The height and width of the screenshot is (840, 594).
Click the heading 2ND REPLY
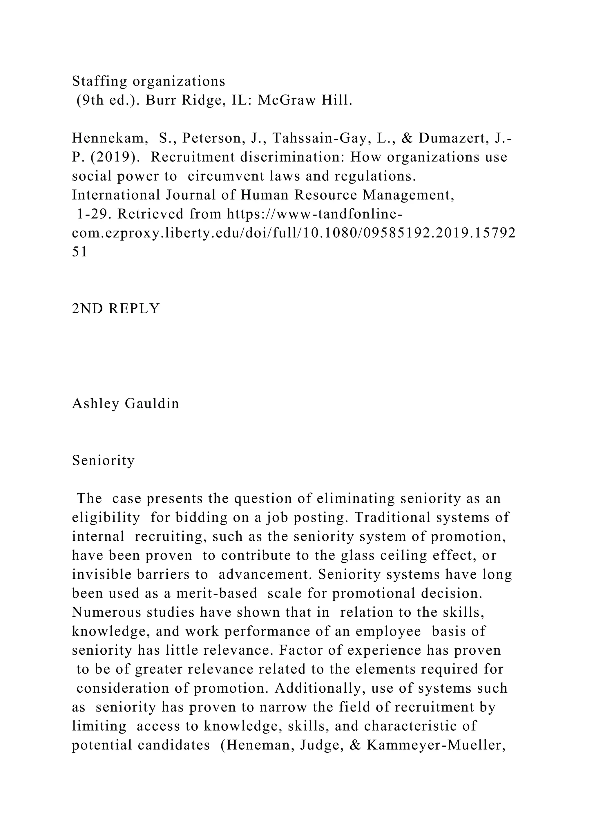pyautogui.click(x=116, y=309)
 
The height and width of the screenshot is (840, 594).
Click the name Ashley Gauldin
pyautogui.click(x=126, y=403)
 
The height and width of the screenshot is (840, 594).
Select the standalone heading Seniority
pyautogui.click(x=104, y=460)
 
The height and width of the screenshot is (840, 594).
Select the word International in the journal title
pyautogui.click(x=116, y=195)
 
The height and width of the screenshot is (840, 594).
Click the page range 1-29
pyautogui.click(x=93, y=214)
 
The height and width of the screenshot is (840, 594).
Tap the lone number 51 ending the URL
pyautogui.click(x=80, y=252)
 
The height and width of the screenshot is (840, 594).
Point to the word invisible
pyautogui.click(x=101, y=574)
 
